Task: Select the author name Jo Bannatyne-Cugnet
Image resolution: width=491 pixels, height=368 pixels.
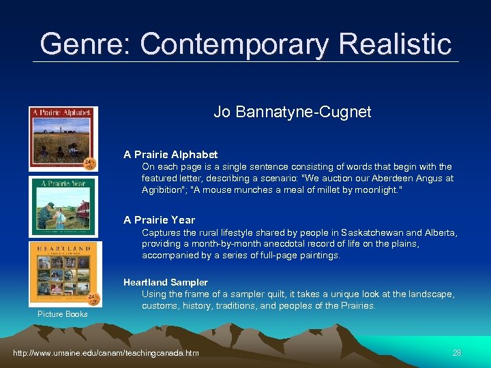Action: point(292,112)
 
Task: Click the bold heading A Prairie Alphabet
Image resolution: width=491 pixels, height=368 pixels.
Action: point(170,155)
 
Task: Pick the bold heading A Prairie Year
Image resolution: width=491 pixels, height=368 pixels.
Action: point(159,219)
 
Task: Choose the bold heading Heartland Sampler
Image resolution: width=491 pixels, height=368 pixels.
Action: point(166,282)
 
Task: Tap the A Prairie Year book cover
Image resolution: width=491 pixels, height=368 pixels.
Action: point(63,204)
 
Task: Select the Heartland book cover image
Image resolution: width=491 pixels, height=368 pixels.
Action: point(62,272)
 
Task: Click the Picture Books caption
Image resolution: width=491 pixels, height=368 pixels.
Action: point(63,314)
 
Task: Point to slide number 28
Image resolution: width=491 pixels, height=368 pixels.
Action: point(457,352)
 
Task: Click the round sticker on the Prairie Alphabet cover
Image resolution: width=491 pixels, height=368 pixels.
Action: point(89,162)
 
